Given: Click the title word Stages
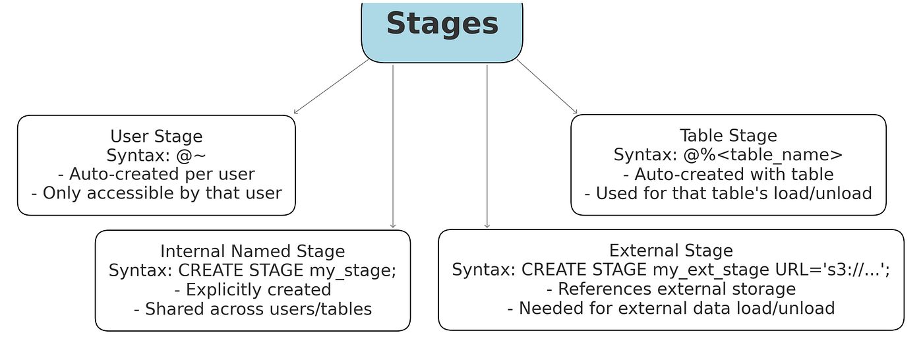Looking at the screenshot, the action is [x=442, y=24].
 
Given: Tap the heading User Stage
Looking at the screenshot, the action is [x=157, y=136].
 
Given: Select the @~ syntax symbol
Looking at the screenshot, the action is [x=191, y=156].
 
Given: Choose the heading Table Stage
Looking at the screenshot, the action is [x=728, y=136].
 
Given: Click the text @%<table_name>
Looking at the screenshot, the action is [x=763, y=155].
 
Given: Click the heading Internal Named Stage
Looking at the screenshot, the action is [x=253, y=251].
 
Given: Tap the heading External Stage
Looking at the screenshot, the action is [x=671, y=251].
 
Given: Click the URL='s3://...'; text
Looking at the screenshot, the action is [x=832, y=270].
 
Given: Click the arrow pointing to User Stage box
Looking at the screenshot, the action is [x=331, y=86].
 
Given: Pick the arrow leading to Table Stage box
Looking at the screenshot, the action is [x=547, y=86].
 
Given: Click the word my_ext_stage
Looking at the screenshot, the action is [x=711, y=270].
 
